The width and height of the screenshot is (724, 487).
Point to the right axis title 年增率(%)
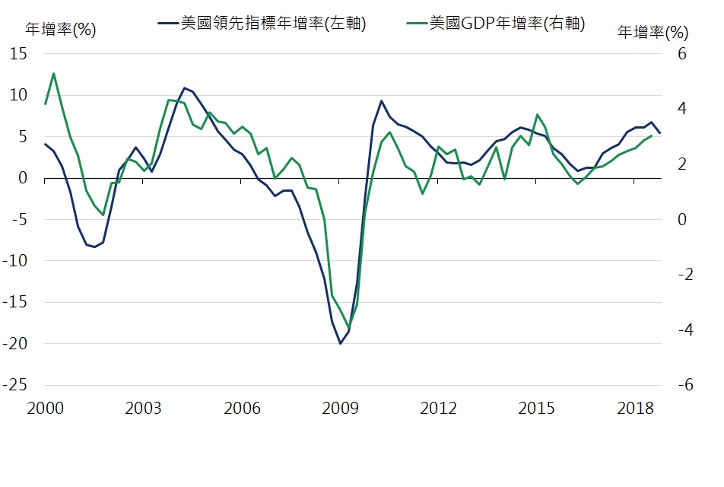point(652,33)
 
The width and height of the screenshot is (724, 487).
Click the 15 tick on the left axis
point(18,55)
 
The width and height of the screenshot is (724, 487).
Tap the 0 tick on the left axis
point(23,179)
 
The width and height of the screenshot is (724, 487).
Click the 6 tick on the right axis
point(682,55)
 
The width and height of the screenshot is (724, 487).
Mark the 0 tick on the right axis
point(682,220)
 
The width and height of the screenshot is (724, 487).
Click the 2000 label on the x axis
point(45,409)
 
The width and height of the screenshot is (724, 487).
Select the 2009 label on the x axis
point(340,409)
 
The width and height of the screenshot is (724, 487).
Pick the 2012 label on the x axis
point(438,409)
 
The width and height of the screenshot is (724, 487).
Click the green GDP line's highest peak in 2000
point(53,74)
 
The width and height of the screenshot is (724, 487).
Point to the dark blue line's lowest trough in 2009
point(340,343)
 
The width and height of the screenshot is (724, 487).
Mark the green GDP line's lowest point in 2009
point(349,328)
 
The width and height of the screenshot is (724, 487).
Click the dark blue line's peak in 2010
point(382,100)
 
